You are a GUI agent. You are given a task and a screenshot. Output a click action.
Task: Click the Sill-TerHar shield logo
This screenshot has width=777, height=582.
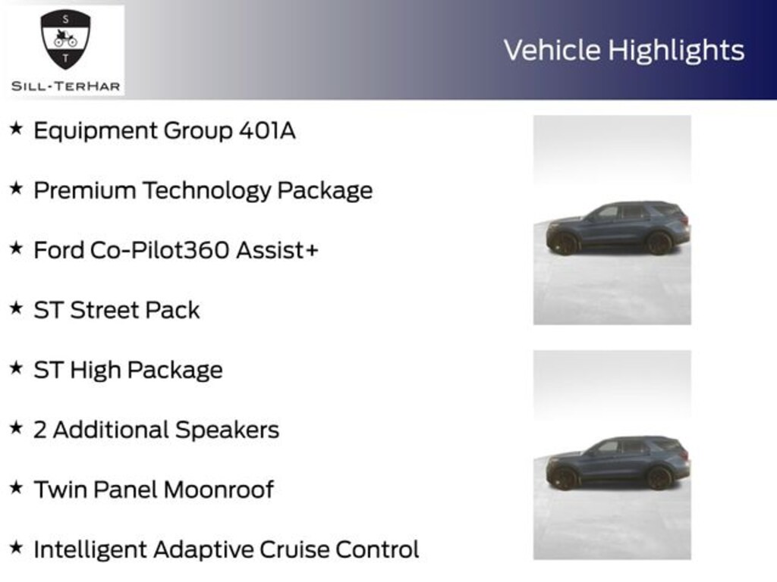click(65, 39)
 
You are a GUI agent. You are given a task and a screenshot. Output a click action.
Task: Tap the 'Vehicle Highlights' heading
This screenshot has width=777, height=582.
click(624, 50)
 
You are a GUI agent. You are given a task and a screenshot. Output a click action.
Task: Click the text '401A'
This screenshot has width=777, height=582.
click(267, 130)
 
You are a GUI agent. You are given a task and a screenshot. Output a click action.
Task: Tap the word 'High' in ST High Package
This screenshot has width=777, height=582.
click(96, 370)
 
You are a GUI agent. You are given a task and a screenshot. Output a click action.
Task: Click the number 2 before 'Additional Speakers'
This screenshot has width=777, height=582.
click(39, 430)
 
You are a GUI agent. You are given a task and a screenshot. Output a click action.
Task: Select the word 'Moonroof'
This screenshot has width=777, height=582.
click(219, 490)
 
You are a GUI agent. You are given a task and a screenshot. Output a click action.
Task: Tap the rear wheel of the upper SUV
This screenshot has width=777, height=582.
click(659, 242)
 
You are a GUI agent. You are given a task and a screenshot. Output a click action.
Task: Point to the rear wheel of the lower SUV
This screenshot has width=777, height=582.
click(659, 477)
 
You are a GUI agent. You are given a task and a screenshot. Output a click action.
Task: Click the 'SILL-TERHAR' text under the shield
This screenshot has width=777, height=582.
click(65, 86)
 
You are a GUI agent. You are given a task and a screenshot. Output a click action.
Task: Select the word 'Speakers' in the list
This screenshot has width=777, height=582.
click(228, 430)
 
